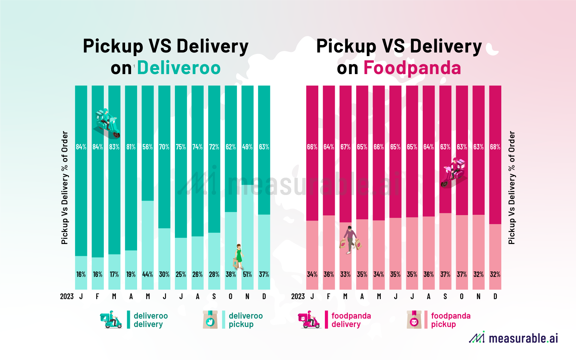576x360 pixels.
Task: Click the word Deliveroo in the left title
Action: pyautogui.click(x=179, y=68)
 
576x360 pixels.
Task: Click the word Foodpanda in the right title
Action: pyautogui.click(x=412, y=68)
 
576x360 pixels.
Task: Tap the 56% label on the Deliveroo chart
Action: pyautogui.click(x=147, y=147)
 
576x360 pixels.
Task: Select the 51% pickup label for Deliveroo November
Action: pyautogui.click(x=247, y=274)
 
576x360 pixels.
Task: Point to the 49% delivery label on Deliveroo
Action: pyautogui.click(x=247, y=147)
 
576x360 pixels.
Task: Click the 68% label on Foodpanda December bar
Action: pyautogui.click(x=495, y=147)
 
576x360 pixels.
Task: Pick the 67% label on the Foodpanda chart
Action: pyautogui.click(x=345, y=147)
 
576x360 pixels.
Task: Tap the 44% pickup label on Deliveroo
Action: pyautogui.click(x=147, y=274)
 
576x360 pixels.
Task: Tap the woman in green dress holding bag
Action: pyautogui.click(x=238, y=257)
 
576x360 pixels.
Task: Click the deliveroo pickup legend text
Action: pyautogui.click(x=245, y=320)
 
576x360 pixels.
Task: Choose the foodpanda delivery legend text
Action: pyautogui.click(x=351, y=320)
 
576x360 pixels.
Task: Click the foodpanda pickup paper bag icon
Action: pyautogui.click(x=414, y=320)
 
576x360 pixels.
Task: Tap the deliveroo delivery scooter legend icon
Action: pyautogui.click(x=111, y=320)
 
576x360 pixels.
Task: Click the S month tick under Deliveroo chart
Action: pyautogui.click(x=214, y=297)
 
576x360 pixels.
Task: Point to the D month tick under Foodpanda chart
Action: pyautogui.click(x=495, y=297)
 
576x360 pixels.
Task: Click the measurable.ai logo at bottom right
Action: pyautogui.click(x=514, y=338)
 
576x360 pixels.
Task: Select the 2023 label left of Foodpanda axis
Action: pyautogui.click(x=298, y=297)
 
